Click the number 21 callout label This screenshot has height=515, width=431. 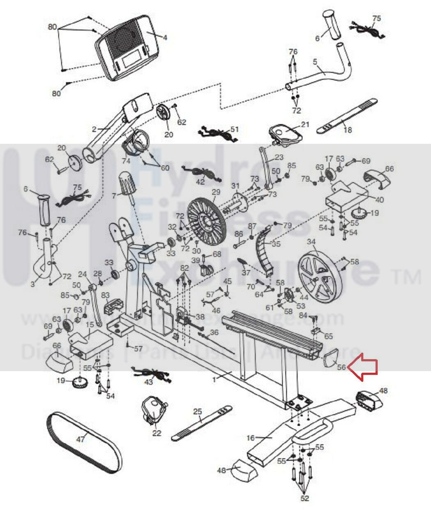[304, 124]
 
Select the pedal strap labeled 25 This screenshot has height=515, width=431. [201, 421]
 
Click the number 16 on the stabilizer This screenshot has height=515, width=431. [251, 438]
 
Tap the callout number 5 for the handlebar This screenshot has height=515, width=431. [315, 62]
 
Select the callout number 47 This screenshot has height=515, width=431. [80, 439]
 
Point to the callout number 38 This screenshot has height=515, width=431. [200, 317]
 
